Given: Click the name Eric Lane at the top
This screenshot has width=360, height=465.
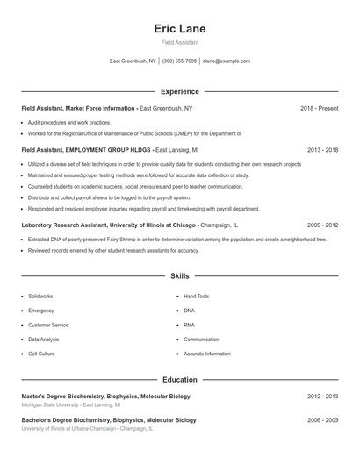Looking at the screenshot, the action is [180, 28].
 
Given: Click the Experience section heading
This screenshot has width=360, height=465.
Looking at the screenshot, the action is [180, 91].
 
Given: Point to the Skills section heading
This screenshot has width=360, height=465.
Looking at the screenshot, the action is [180, 275].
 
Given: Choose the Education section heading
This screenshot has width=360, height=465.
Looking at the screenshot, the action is [180, 380].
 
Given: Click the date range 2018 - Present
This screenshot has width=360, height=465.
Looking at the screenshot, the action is [319, 108].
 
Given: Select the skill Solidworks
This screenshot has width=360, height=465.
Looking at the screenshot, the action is [41, 297].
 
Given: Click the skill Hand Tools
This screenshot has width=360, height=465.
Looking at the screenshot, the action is [197, 297].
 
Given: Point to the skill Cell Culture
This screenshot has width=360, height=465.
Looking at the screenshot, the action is [41, 354].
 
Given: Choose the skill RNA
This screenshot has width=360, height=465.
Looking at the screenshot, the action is [190, 325].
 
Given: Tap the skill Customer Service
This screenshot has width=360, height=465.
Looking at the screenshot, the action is [48, 325].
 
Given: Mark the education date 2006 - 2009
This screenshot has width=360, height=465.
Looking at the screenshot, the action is [322, 420].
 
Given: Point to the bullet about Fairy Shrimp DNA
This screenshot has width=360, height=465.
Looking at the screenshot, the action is [176, 239].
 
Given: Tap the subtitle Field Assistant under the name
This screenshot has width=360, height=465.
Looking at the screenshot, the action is [180, 42].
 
